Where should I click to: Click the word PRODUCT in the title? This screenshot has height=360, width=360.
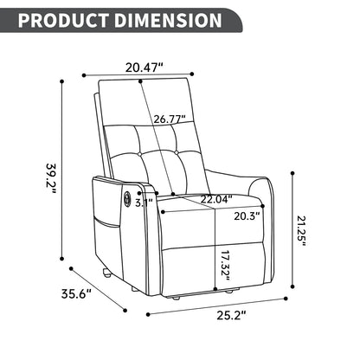pos(63,20)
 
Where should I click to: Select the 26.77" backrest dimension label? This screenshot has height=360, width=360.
pos(170,119)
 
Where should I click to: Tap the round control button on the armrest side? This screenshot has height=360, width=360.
pos(129,201)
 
